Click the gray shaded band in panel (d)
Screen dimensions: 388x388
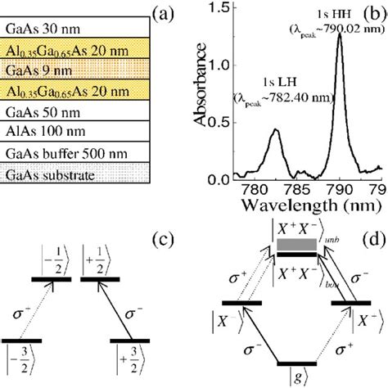pos(296,245)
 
